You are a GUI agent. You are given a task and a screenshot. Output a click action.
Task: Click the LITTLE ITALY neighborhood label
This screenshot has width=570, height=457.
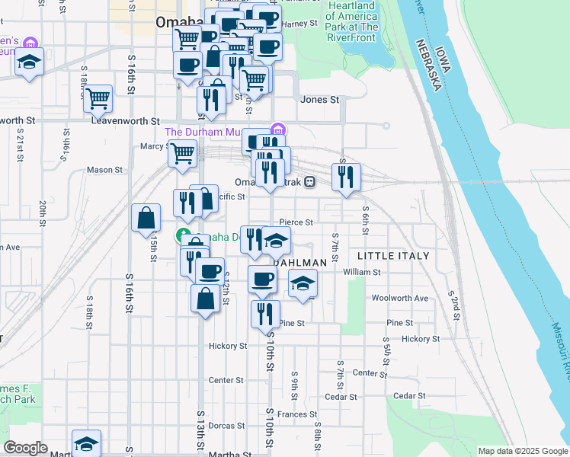tap(393, 256)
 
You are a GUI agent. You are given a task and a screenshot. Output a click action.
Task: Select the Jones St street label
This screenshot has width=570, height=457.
tap(319, 100)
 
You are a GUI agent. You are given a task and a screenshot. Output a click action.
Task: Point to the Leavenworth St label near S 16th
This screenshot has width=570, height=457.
tap(125, 120)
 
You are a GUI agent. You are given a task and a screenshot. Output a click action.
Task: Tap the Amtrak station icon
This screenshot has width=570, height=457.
tap(309, 182)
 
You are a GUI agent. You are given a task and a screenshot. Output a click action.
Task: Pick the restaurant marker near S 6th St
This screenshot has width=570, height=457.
tap(347, 177)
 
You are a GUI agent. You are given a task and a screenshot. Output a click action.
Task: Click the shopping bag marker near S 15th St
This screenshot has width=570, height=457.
tap(146, 219)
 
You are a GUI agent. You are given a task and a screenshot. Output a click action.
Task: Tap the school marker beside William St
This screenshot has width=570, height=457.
tap(303, 284)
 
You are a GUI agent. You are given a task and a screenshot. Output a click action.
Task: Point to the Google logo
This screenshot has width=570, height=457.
tap(25, 448)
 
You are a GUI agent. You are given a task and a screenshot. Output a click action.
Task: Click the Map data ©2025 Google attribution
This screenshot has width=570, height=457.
tap(522, 451)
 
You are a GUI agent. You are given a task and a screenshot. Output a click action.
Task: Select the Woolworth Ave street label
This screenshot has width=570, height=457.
tap(400, 298)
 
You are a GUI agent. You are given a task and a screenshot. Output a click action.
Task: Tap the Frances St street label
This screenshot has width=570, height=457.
tap(296, 414)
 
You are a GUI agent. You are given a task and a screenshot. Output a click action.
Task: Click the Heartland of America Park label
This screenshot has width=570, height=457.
tap(353, 21)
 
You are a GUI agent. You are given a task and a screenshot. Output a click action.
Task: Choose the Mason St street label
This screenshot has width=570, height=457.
tap(104, 170)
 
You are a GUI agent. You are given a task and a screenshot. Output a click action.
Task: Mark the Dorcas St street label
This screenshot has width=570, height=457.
tap(226, 425)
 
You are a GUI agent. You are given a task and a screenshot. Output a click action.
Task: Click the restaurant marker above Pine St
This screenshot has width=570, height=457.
tap(265, 313)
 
